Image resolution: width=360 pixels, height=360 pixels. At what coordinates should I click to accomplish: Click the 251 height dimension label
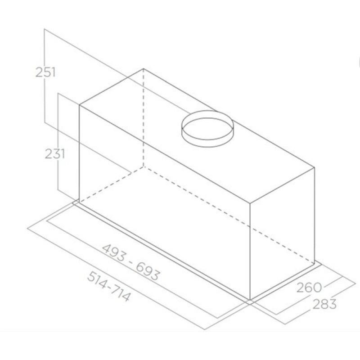coord(45,72)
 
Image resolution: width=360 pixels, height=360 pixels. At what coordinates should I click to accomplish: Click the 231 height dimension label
coord(54,153)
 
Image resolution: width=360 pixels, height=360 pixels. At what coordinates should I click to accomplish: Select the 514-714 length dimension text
coord(108,286)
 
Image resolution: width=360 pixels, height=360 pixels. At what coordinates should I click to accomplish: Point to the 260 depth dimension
coord(309,287)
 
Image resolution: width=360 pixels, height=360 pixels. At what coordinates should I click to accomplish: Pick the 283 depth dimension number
coord(324,304)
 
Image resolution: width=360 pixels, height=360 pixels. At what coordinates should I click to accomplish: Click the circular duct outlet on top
coord(207,129)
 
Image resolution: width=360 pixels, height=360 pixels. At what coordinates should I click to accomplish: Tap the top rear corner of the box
coord(144,69)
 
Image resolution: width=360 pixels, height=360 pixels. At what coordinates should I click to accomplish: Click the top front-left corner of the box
coord(80,105)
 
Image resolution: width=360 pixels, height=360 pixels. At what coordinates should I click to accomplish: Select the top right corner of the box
coord(314,167)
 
